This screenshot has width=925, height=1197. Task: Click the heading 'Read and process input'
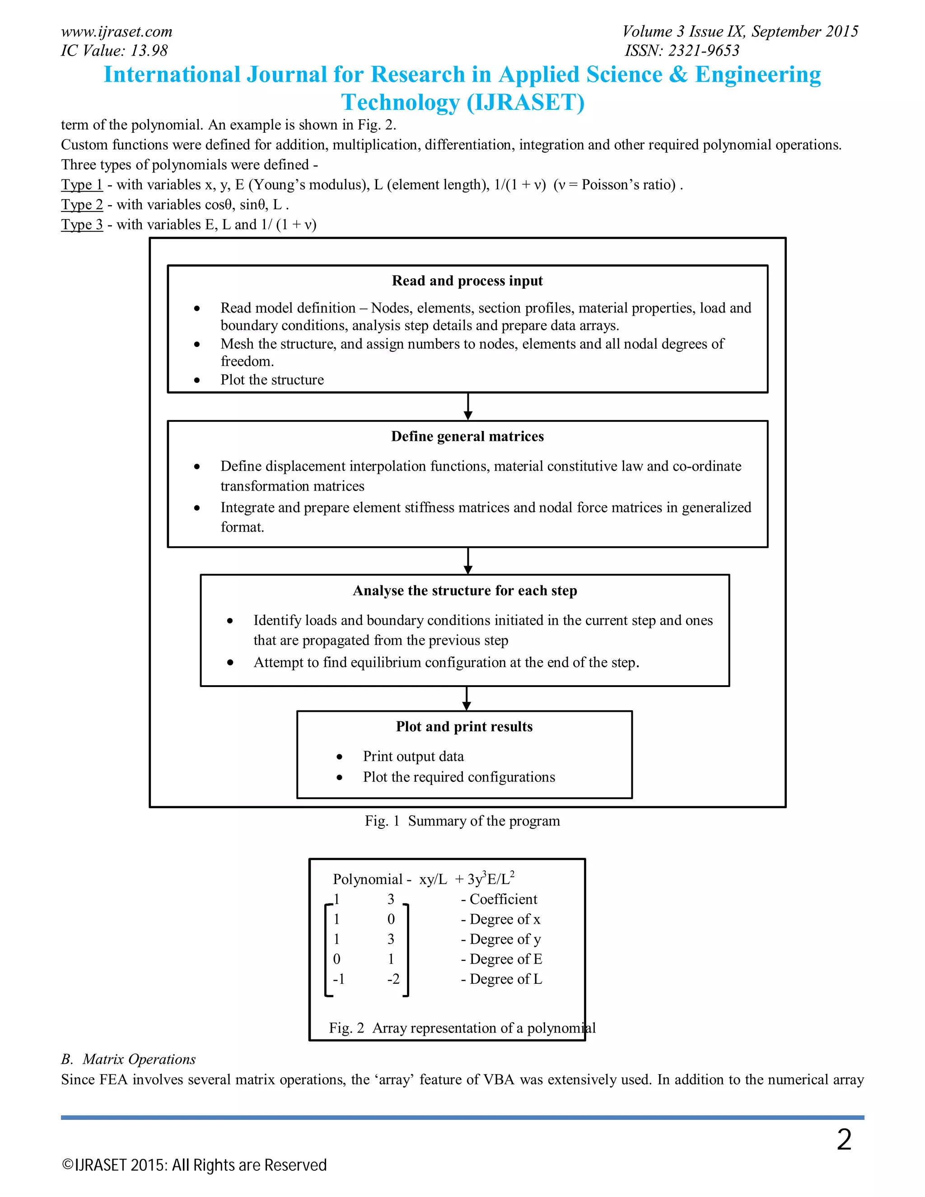[x=467, y=281]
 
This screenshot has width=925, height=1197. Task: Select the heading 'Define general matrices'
[x=467, y=436]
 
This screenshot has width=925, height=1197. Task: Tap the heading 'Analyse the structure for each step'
[x=465, y=590]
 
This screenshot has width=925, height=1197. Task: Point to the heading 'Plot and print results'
[x=464, y=726]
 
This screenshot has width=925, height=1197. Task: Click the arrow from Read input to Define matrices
[x=467, y=407]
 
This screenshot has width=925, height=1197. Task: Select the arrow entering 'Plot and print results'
[x=466, y=698]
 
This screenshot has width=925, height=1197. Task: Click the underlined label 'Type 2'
[x=82, y=205]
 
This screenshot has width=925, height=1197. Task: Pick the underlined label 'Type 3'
[x=82, y=224]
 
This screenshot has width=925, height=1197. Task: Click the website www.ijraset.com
[x=116, y=31]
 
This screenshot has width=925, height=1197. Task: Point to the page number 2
[x=844, y=1140]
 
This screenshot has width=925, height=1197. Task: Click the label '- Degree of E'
[x=501, y=959]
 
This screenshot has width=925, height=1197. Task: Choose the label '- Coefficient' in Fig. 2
[x=499, y=899]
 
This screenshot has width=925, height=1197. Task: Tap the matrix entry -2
[x=393, y=978]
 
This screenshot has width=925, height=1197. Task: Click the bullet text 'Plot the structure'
[x=272, y=379]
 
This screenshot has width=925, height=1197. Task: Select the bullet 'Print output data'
[x=413, y=756]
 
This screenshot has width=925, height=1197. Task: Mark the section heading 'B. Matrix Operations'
[x=128, y=1059]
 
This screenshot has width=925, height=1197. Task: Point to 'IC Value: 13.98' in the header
[x=114, y=51]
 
